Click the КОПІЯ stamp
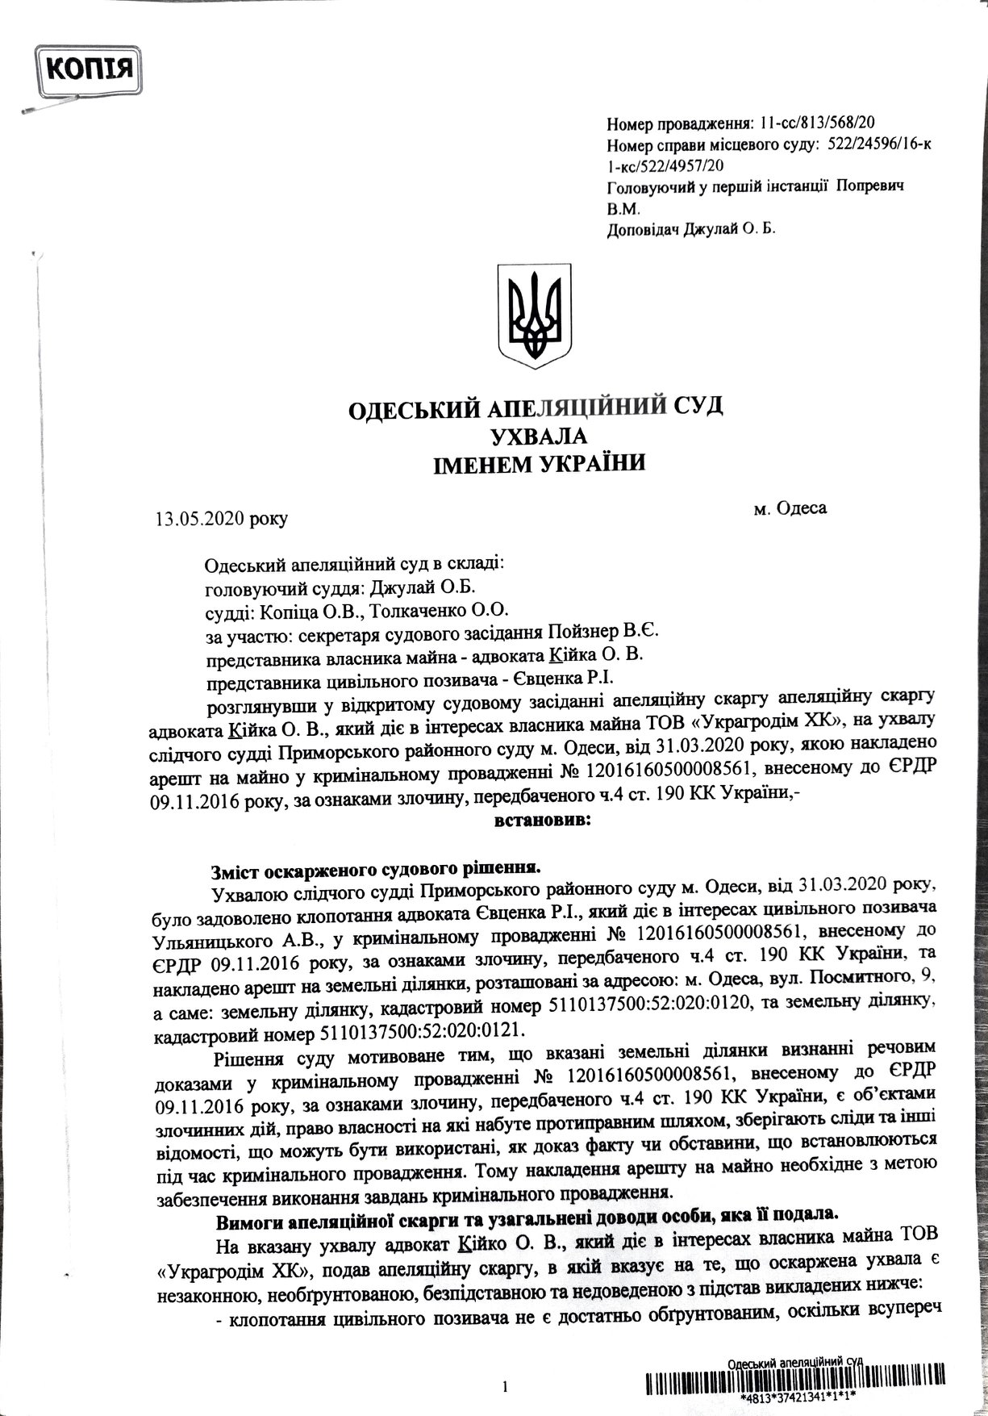[90, 67]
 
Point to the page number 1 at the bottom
[505, 1386]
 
